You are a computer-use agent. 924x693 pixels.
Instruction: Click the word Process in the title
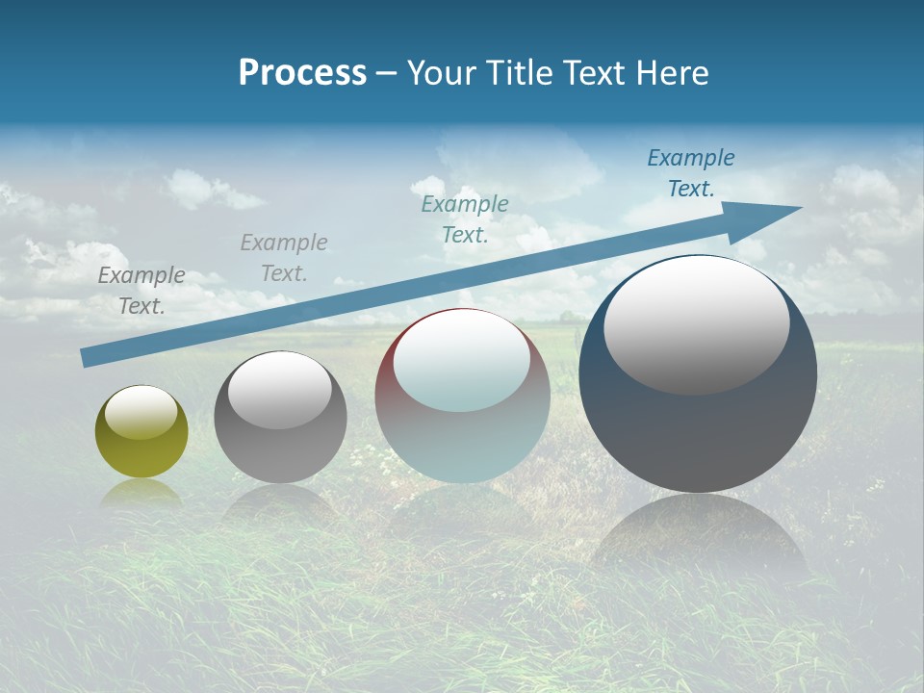coord(302,73)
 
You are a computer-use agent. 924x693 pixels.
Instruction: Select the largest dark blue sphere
coord(698,423)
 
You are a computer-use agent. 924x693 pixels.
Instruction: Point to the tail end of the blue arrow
coord(85,358)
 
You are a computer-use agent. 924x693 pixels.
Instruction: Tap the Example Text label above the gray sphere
coord(284,258)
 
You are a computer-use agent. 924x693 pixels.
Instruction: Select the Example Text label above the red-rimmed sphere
coord(465,218)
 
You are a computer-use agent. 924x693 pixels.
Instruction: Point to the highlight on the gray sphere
coord(280,390)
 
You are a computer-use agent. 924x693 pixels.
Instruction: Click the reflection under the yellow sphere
coord(141,492)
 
